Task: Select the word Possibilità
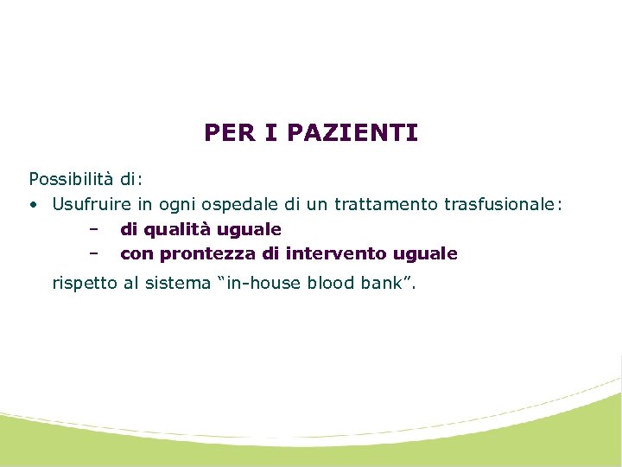point(71,180)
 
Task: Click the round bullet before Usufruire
point(32,205)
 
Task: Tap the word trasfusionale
point(498,205)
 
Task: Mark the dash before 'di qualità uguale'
point(92,229)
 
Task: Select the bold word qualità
point(175,230)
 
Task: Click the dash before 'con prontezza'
point(92,253)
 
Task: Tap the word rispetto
point(84,282)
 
